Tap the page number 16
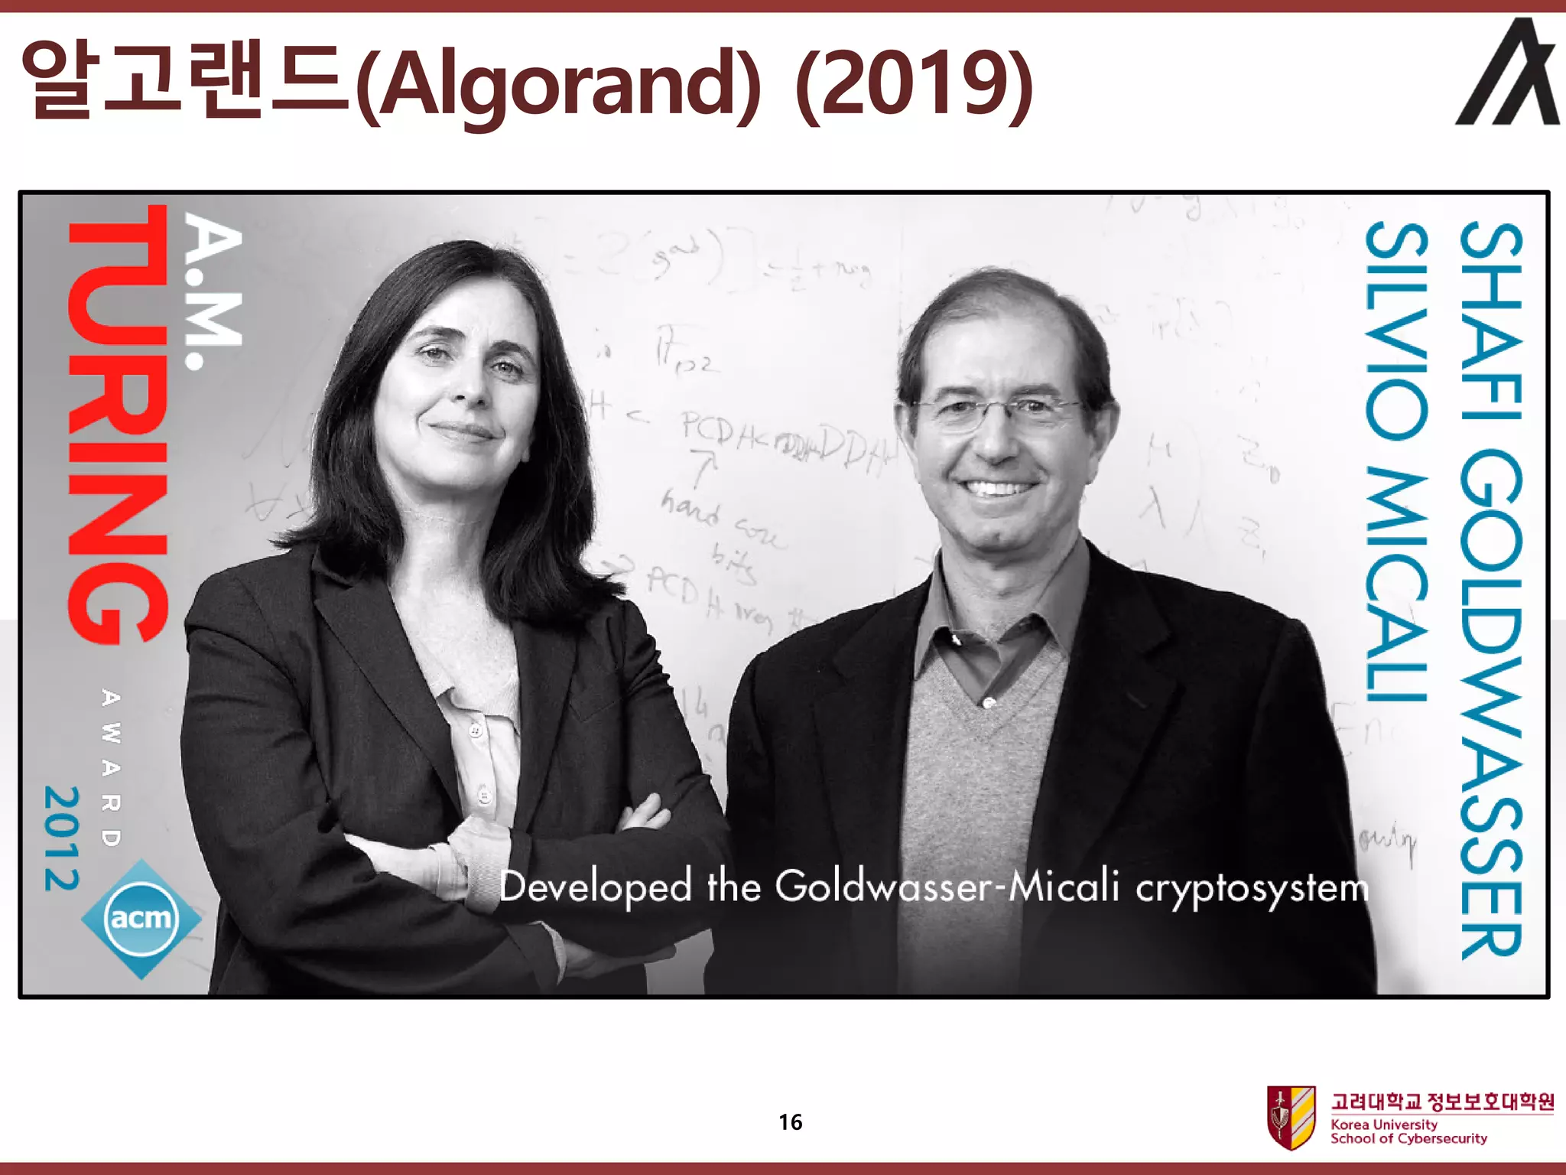790,1122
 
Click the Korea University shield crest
1291,1116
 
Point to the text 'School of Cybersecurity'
1408,1139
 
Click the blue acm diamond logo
141,918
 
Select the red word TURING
119,425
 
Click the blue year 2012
61,838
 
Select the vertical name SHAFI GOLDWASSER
1491,589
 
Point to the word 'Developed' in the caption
595,887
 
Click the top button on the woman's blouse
476,731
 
